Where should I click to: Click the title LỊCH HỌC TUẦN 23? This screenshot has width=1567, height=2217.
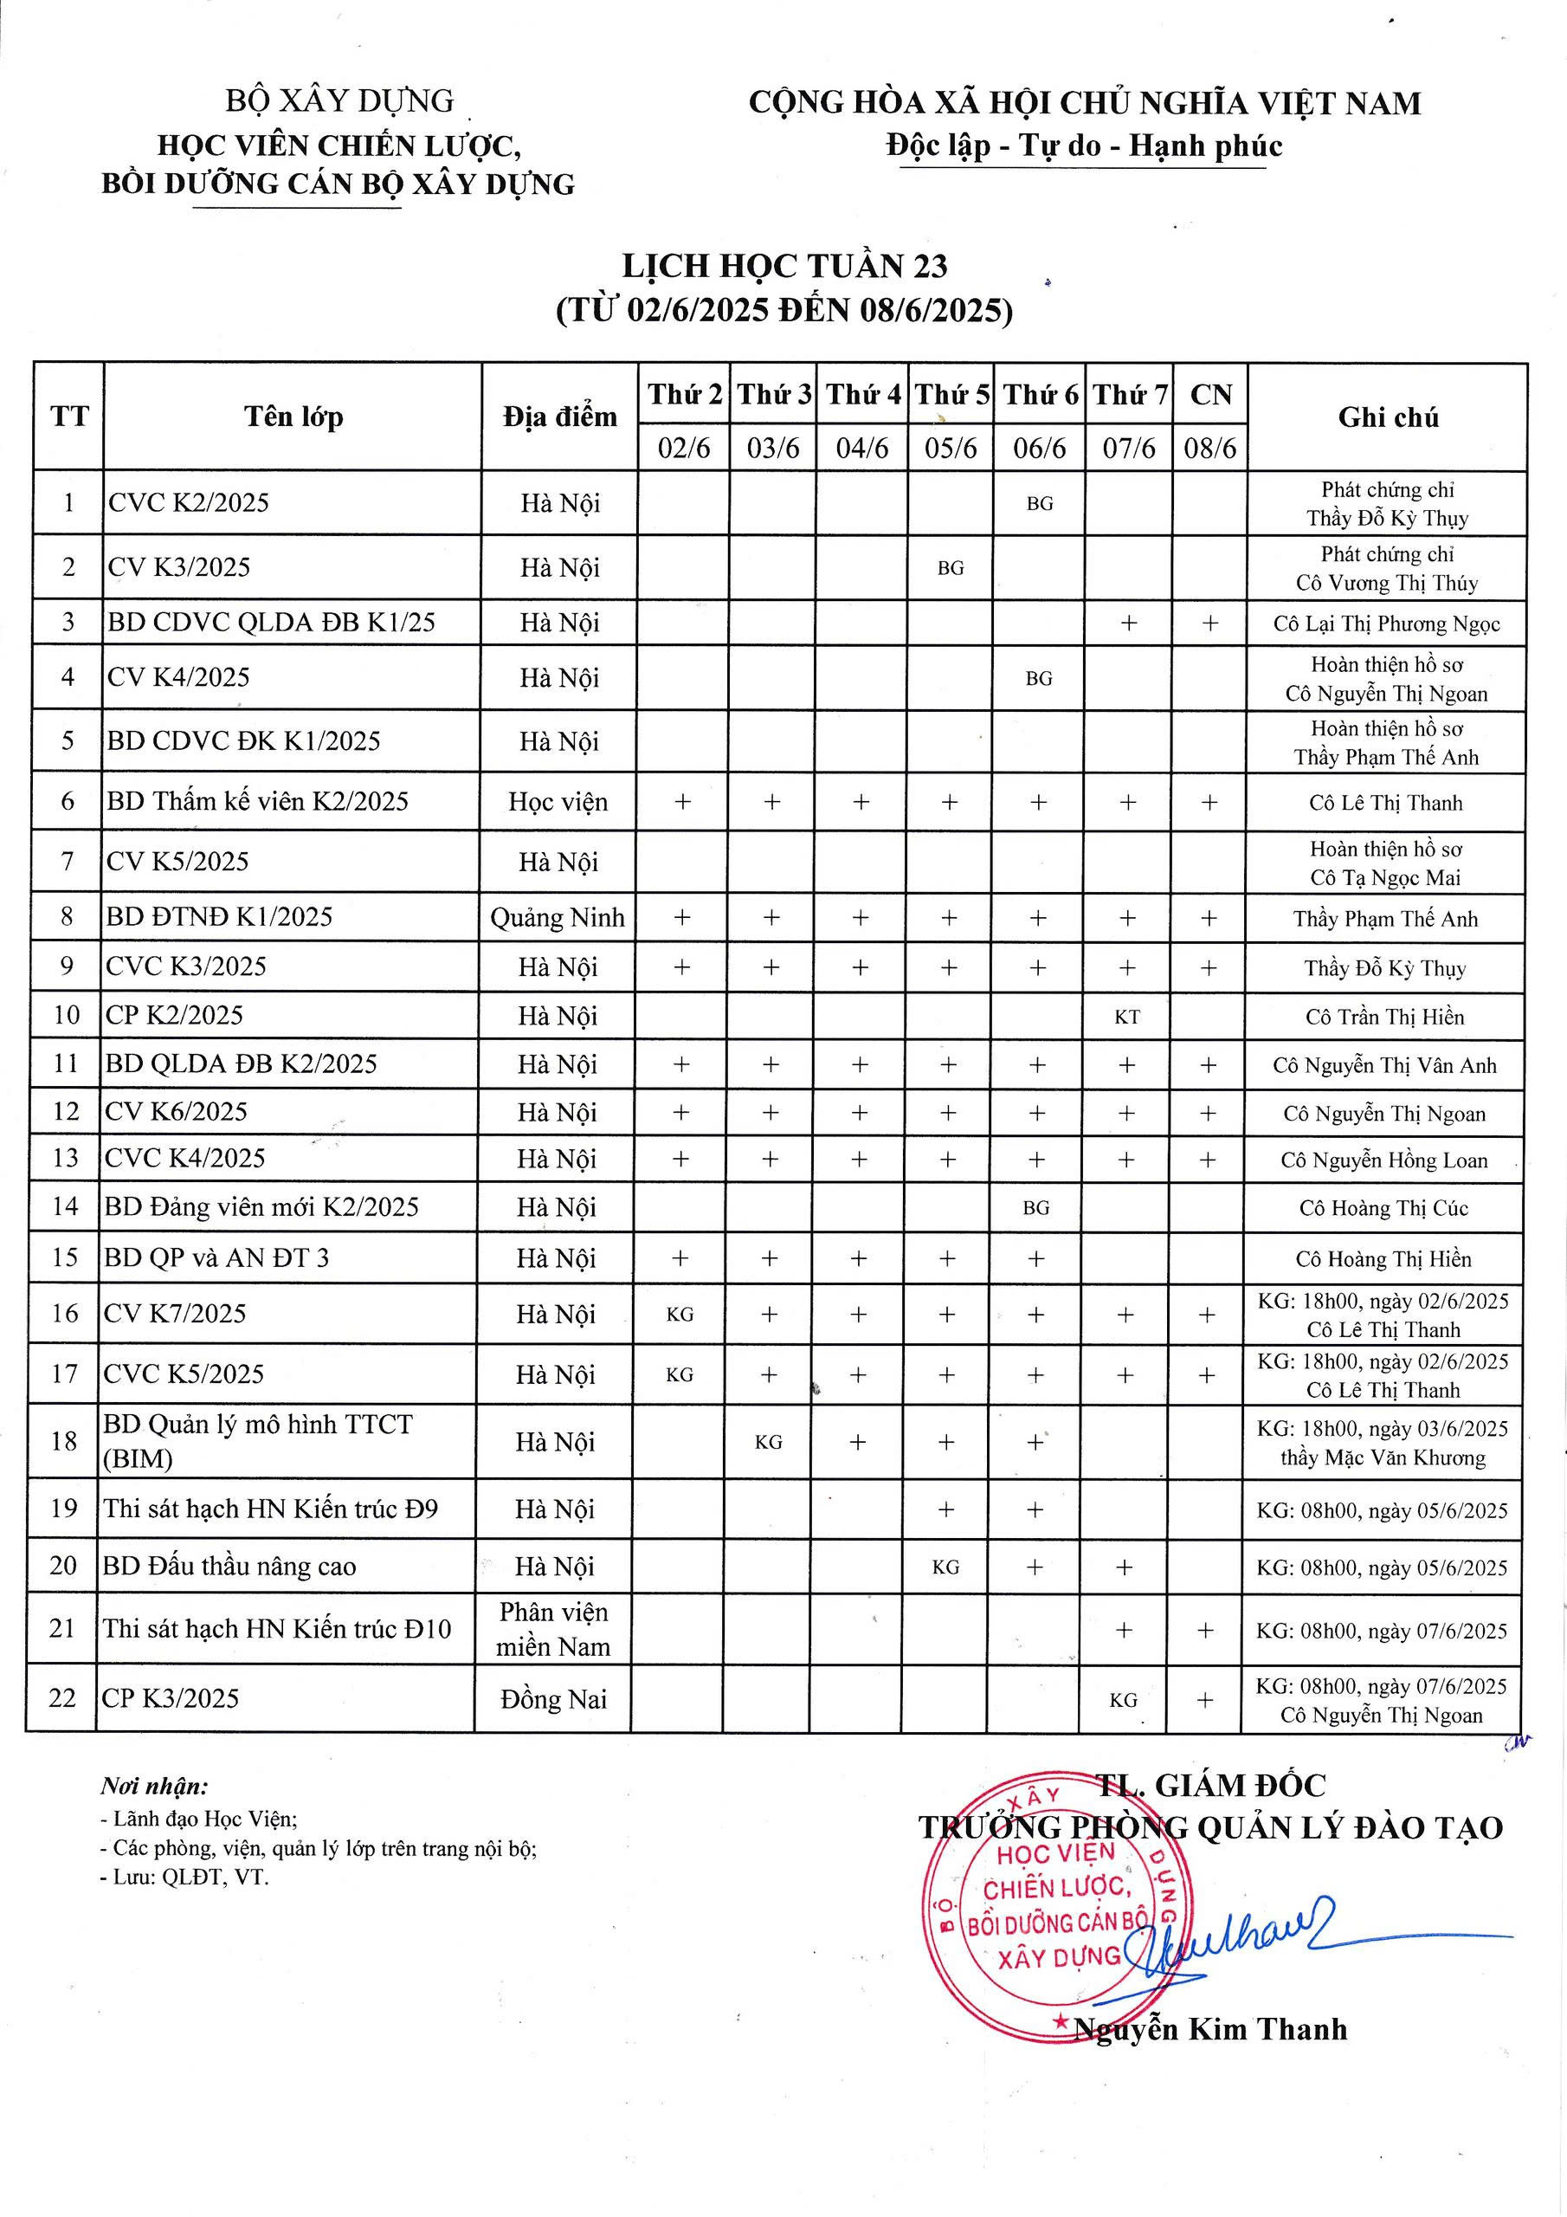[784, 267]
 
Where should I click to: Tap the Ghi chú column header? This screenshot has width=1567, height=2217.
[1388, 417]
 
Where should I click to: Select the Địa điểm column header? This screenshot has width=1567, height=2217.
[559, 417]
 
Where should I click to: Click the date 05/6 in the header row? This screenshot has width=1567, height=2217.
[951, 448]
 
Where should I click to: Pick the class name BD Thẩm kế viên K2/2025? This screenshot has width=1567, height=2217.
[258, 801]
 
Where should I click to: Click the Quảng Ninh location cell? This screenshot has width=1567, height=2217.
[557, 917]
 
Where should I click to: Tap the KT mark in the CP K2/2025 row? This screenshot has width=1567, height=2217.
[1126, 1017]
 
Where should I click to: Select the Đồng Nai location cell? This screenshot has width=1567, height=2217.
[553, 1699]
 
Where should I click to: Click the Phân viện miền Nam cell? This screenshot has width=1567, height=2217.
[553, 1629]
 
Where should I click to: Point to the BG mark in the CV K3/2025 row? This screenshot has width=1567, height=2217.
[951, 568]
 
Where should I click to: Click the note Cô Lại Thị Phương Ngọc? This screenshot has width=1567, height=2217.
[1386, 624]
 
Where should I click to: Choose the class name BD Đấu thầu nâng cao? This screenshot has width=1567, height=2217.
[229, 1567]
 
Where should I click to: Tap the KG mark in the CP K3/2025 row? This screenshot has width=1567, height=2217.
[1123, 1700]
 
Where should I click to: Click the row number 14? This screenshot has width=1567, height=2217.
[65, 1207]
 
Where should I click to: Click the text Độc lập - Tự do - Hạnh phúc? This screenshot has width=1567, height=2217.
[1084, 145]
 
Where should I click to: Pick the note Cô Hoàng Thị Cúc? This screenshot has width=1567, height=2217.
[1383, 1208]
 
